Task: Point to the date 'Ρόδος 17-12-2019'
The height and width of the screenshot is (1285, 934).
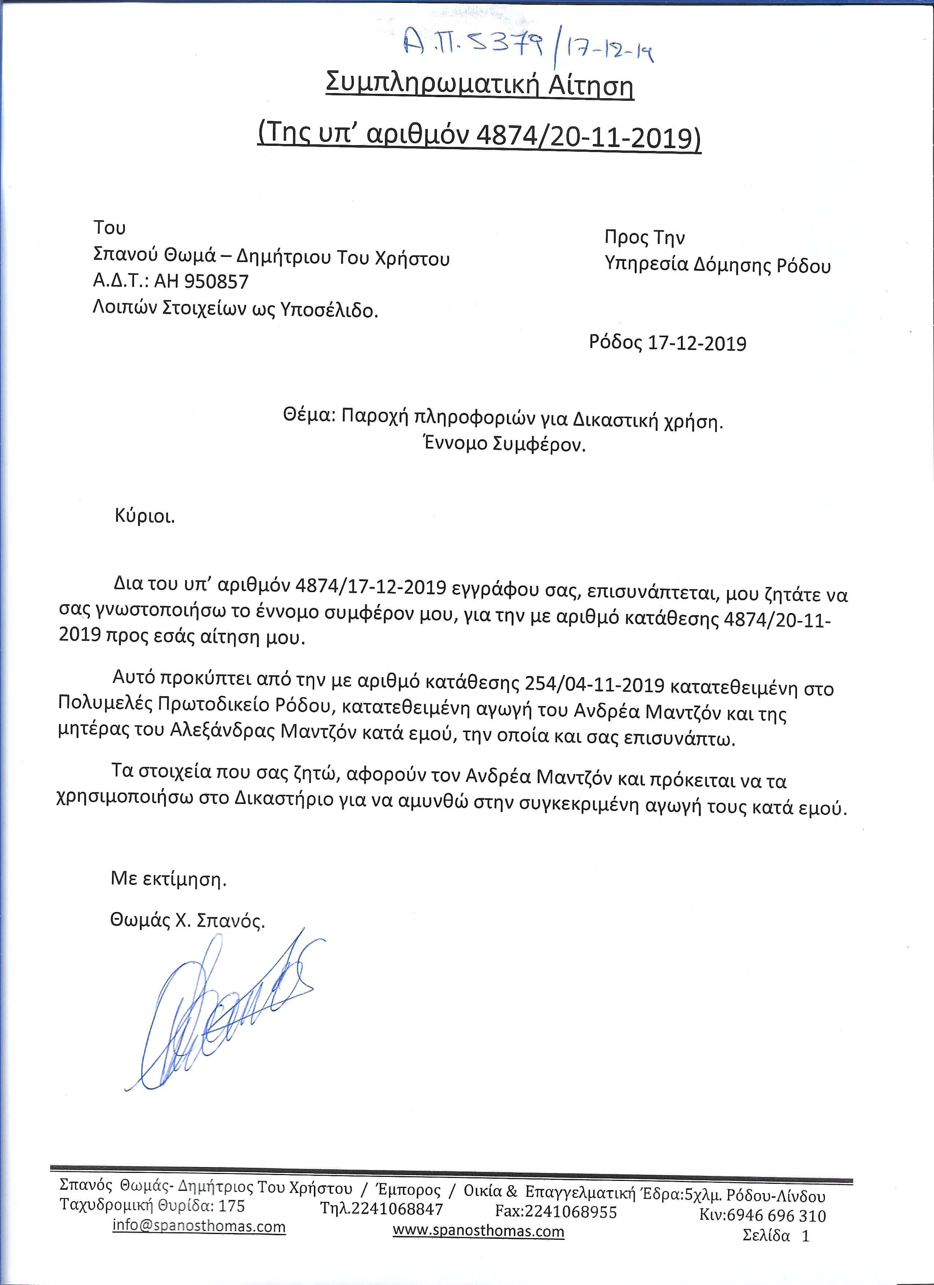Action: [x=667, y=343]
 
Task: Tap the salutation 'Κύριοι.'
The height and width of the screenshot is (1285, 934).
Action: [x=144, y=517]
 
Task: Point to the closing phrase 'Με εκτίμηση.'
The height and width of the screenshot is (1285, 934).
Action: [x=168, y=879]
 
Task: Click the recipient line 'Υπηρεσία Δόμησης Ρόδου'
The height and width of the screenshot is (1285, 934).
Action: [x=717, y=265]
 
